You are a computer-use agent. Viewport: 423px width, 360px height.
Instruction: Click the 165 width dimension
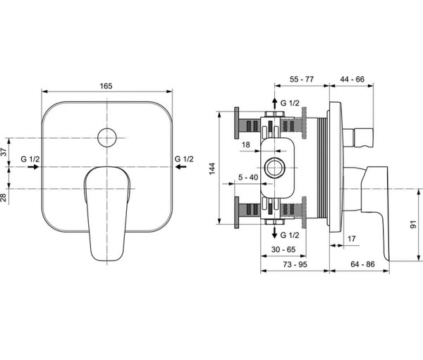(106, 85)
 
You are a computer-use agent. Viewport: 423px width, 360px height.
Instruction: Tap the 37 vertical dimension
(4, 151)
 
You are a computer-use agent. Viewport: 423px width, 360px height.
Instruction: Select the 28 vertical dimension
(4, 198)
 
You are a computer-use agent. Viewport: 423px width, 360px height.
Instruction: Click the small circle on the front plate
(107, 137)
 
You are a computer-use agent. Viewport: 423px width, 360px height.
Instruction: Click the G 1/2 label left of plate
(30, 159)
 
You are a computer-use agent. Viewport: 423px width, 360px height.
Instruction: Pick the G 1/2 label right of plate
(184, 159)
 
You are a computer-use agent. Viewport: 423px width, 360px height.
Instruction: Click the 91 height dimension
(413, 225)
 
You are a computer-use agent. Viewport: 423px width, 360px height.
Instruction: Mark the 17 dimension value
(351, 240)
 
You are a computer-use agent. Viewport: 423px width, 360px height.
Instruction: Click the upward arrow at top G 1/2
(273, 102)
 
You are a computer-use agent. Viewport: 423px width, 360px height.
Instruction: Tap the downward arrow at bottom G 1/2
(273, 234)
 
